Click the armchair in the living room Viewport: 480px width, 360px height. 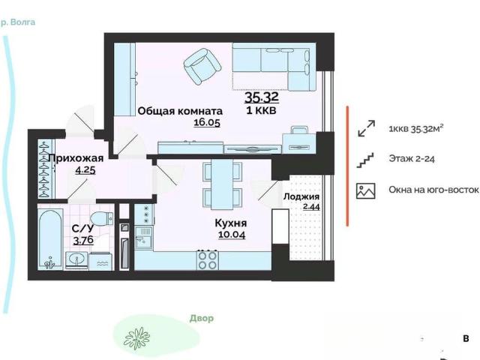(202, 66)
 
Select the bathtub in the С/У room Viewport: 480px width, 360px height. (50, 239)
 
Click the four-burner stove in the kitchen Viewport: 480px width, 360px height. (208, 260)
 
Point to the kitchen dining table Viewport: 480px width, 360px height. (222, 184)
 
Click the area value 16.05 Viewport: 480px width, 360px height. (207, 122)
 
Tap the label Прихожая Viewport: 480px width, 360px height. (76, 158)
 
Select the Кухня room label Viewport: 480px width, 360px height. (231, 223)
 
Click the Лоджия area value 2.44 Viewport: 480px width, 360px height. (311, 207)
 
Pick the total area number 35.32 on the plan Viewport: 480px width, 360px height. (262, 97)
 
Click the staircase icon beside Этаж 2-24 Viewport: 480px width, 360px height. (365, 160)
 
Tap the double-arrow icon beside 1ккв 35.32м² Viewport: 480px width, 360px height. (366, 128)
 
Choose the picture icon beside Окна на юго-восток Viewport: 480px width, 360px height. (365, 190)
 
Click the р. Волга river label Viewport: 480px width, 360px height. (18, 22)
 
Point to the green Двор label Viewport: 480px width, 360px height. (202, 318)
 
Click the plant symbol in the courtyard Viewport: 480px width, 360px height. (136, 338)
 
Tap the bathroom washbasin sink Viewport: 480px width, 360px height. (76, 260)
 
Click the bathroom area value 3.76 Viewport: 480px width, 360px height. (83, 240)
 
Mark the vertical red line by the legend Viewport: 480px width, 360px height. (347, 166)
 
